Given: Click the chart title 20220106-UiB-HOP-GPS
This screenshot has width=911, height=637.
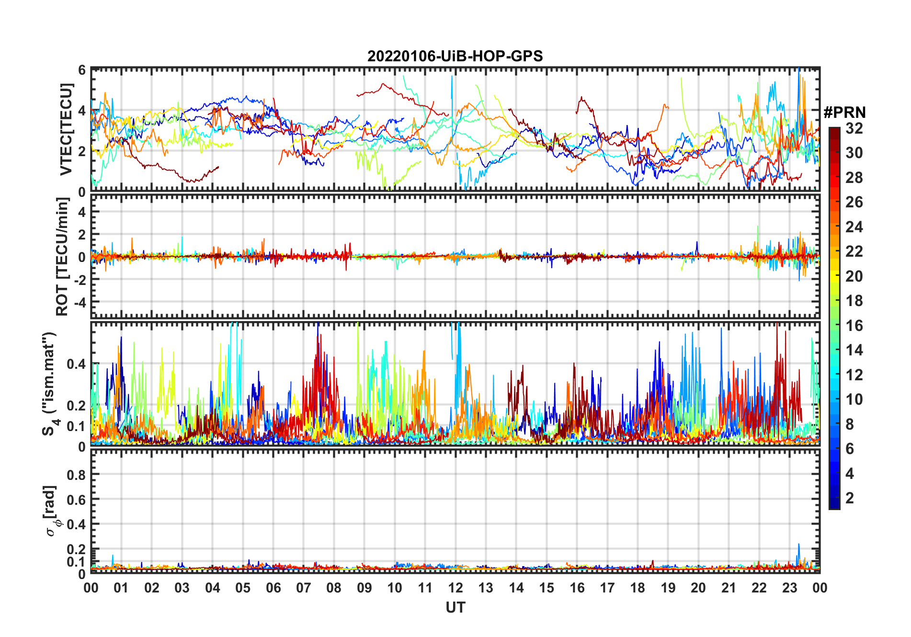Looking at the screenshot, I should point(455,57).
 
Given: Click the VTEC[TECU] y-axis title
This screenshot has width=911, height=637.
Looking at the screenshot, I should point(66,129).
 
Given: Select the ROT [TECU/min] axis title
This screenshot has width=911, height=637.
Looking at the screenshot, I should point(62,257).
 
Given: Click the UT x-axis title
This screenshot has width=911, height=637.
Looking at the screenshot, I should point(455,608).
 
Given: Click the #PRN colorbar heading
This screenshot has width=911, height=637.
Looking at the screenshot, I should point(844,113).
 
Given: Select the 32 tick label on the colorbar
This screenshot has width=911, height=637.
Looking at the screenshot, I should point(854,128).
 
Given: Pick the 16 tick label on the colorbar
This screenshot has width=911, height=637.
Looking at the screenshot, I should point(854,326).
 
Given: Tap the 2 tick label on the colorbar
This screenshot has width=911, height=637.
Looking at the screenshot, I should point(850,498).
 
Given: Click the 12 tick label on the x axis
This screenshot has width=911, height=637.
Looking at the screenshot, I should point(455,588).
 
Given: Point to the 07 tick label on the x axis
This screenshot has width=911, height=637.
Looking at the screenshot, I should point(304,588).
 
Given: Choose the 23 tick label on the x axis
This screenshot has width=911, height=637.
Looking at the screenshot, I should point(789,588).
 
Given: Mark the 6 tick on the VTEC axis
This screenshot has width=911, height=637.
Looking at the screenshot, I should point(82,70).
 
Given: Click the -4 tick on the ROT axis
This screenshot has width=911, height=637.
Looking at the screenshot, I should point(80,303).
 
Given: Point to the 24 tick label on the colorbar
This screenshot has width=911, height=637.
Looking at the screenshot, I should point(854,227).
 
